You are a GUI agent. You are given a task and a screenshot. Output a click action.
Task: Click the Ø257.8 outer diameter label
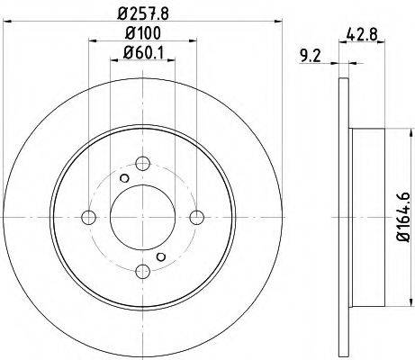point(143,13)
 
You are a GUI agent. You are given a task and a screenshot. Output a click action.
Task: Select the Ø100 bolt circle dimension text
point(143,33)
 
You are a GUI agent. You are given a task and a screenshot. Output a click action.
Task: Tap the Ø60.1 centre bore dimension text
point(143,53)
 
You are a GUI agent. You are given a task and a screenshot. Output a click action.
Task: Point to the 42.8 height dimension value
point(362,33)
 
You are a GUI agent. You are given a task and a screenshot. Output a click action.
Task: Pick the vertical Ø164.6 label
point(404,216)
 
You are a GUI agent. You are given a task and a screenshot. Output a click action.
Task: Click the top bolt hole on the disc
point(142,164)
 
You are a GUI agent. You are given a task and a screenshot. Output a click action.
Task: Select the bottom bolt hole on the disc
point(142,272)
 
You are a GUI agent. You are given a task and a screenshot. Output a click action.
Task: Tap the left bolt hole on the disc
point(88,218)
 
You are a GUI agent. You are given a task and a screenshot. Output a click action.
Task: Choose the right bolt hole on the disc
point(197,218)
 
